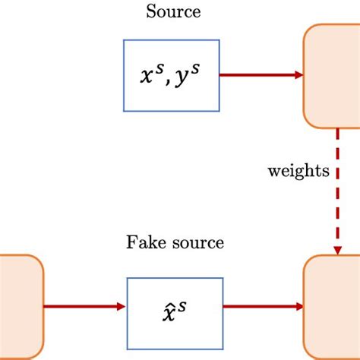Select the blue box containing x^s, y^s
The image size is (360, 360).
coord(171,75)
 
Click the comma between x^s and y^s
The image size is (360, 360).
coord(169,82)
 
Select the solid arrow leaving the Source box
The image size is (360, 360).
coord(258,75)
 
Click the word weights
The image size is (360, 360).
coord(298,171)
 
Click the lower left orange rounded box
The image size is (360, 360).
coord(20,306)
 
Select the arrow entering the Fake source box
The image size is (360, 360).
coord(84,306)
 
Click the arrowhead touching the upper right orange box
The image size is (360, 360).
coord(298,75)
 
